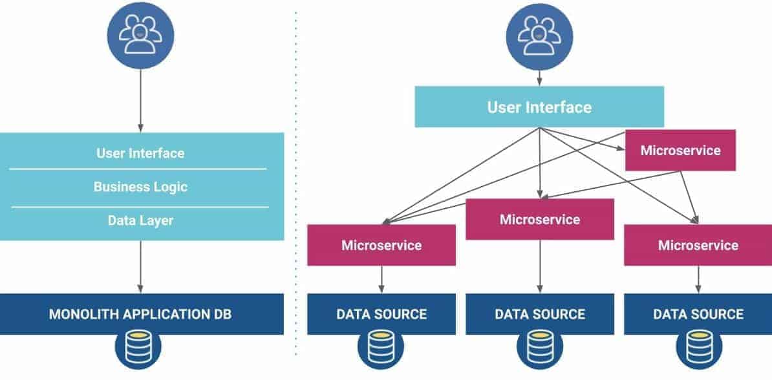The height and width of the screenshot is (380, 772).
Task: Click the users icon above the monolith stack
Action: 140,36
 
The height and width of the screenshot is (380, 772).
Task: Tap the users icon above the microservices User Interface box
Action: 540,36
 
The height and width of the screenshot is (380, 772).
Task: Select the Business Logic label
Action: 140,187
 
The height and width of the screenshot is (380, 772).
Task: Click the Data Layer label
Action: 140,220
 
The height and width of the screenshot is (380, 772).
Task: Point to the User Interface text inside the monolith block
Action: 140,153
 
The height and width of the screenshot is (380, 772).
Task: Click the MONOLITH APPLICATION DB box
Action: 142,314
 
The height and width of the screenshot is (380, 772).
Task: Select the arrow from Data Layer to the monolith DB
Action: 140,267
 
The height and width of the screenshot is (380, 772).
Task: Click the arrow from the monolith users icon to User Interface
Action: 140,101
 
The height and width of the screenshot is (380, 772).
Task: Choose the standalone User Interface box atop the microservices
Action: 539,107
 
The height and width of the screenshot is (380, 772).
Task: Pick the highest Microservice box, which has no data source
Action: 680,150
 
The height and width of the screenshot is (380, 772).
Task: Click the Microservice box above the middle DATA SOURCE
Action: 540,219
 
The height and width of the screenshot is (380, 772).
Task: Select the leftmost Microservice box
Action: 381,245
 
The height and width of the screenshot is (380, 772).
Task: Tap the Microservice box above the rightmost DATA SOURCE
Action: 698,245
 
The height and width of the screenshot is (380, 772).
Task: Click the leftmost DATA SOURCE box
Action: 381,314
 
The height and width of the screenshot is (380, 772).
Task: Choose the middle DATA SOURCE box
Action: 540,314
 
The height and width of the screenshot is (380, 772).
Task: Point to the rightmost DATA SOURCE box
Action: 698,314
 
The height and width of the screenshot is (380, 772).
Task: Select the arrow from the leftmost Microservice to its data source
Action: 381,280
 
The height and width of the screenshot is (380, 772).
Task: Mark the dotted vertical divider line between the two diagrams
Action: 296,182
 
